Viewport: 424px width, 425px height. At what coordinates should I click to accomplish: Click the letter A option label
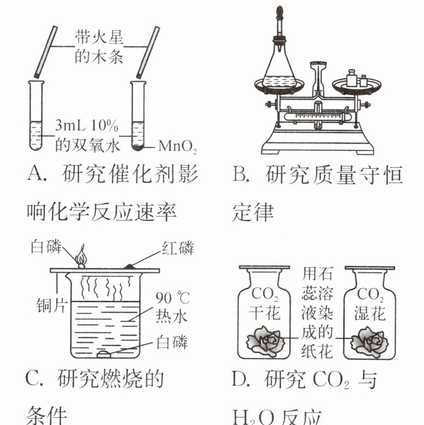click(x=35, y=176)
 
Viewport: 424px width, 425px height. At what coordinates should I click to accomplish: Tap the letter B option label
click(x=241, y=176)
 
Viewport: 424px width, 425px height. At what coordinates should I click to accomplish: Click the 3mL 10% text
click(x=87, y=126)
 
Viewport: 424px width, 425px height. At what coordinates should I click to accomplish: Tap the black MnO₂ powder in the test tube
click(x=139, y=147)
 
